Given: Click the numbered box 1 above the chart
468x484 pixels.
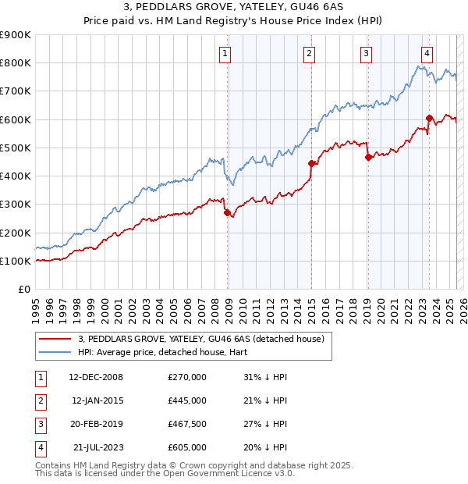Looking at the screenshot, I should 225,54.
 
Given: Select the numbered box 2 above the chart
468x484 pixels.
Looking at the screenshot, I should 310,54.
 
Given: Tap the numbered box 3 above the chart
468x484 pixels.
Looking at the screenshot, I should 366,54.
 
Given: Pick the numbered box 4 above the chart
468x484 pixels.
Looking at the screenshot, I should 427,54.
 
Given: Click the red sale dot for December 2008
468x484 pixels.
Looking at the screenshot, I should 227,212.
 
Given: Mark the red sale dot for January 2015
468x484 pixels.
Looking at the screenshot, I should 311,163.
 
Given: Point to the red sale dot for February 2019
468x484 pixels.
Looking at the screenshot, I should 367,157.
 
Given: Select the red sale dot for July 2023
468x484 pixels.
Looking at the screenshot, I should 429,118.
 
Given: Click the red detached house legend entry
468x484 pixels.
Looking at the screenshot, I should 206,338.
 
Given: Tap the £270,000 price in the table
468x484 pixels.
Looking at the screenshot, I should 187,377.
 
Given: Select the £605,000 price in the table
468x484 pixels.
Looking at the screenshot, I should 187,447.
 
